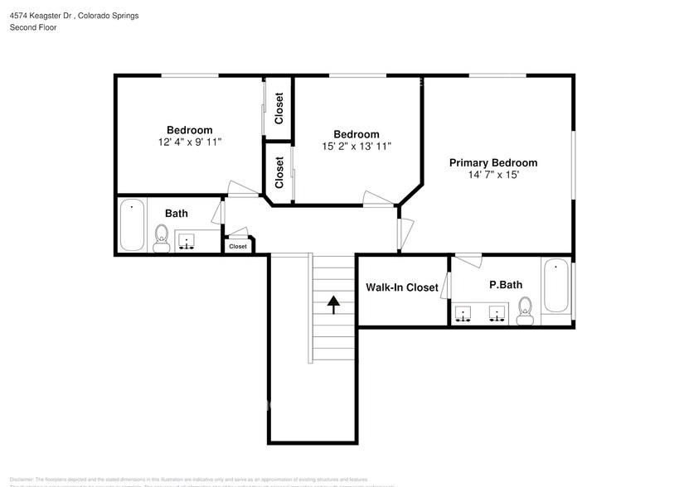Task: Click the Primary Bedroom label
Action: pos(492,163)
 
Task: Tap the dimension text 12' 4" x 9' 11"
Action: pos(189,142)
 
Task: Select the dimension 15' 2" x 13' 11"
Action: pos(357,147)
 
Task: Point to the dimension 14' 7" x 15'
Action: pos(493,176)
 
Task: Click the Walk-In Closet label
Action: pos(401,287)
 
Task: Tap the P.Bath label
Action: pos(505,285)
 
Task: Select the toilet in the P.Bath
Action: pos(524,311)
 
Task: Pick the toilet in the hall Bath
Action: pos(162,239)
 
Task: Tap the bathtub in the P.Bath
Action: pos(556,286)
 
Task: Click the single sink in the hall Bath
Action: pos(187,241)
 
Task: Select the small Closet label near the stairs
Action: pos(238,246)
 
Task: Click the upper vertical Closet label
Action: pos(279,108)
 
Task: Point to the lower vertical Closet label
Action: pos(279,172)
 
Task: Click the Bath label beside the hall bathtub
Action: pos(176,214)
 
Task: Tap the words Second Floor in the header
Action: pos(33,27)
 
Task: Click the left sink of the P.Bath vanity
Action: pos(463,314)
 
